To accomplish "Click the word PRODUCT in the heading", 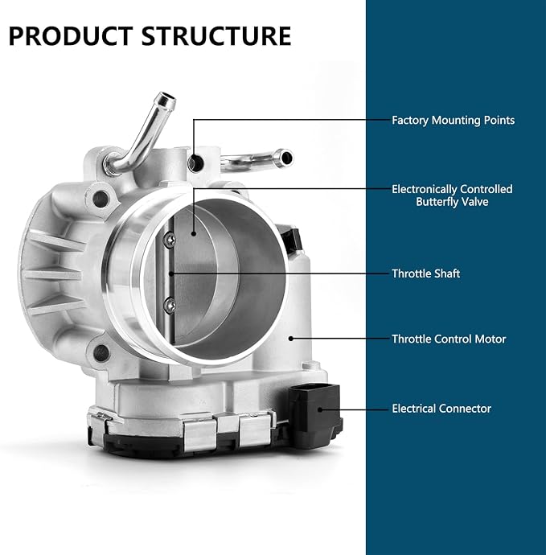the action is [71, 36].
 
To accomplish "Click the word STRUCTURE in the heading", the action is [216, 36].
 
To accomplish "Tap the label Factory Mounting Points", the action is [453, 121].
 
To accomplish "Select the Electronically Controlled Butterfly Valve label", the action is [452, 195].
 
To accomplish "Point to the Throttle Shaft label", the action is [425, 273].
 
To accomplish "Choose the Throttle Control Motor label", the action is [449, 339].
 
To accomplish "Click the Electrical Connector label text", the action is [441, 409].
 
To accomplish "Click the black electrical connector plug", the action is [315, 414].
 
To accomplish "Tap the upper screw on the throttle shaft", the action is [169, 240].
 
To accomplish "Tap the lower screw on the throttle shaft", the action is [170, 305].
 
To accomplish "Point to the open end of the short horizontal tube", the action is [285, 158].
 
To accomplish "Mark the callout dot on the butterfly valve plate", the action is [194, 233].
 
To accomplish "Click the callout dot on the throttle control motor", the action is [291, 339].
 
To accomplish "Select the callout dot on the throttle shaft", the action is [171, 273].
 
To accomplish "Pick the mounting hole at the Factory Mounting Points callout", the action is [195, 163].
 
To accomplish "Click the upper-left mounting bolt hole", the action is [101, 199].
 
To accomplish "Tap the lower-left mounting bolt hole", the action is [101, 353].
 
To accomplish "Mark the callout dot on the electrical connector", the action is [320, 409].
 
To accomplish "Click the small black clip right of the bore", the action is [291, 238].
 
